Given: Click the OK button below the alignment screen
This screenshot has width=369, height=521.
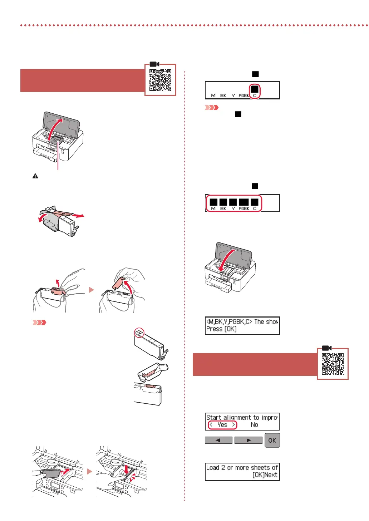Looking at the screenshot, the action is (272, 440).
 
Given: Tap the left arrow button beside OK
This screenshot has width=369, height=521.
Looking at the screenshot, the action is (218, 440).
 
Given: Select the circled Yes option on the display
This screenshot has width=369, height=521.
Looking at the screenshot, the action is (222, 425).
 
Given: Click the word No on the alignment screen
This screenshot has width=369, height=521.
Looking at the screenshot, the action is (254, 425).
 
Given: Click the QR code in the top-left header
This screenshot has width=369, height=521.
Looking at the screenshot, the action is (160, 80).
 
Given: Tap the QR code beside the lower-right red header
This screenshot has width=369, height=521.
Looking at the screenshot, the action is (333, 364).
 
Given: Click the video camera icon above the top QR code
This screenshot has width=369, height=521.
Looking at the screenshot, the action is (154, 64).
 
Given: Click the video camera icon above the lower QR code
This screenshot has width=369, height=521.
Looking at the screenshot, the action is (327, 348).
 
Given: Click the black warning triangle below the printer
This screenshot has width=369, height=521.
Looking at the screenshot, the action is (35, 176).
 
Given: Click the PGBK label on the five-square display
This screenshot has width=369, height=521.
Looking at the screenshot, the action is (244, 208).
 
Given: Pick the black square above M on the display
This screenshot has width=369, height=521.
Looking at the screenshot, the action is (213, 202).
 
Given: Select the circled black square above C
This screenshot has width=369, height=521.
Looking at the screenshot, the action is (255, 89).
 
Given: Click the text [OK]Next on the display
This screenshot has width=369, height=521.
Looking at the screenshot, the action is (265, 475).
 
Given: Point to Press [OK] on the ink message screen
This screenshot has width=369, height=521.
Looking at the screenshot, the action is (221, 329).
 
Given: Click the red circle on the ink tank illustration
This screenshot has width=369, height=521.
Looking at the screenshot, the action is (139, 333).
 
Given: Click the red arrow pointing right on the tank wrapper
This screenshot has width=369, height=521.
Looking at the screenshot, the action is (78, 216).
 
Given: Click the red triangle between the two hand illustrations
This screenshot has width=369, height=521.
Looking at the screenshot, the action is (91, 290).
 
